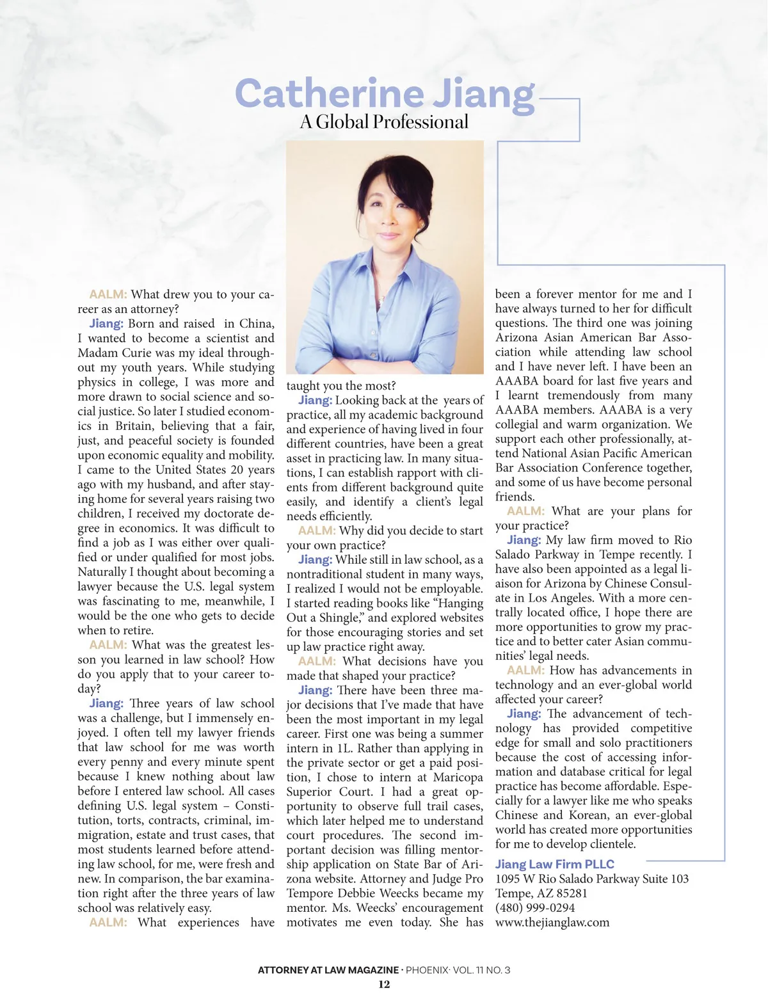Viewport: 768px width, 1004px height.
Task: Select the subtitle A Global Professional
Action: pos(384,122)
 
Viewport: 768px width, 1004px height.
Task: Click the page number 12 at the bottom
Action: pos(384,984)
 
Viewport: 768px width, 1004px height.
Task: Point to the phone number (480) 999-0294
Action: pos(535,907)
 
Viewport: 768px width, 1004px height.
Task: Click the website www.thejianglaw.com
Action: pos(552,922)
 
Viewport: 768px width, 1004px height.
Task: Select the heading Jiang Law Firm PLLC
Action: pos(554,864)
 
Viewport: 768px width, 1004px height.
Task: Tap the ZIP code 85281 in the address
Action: pos(568,893)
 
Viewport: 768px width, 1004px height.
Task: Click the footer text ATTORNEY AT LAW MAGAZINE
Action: pos(328,970)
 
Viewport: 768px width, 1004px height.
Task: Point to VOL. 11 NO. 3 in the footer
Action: pos(481,970)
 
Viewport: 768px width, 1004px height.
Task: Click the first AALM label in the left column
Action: pos(108,294)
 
